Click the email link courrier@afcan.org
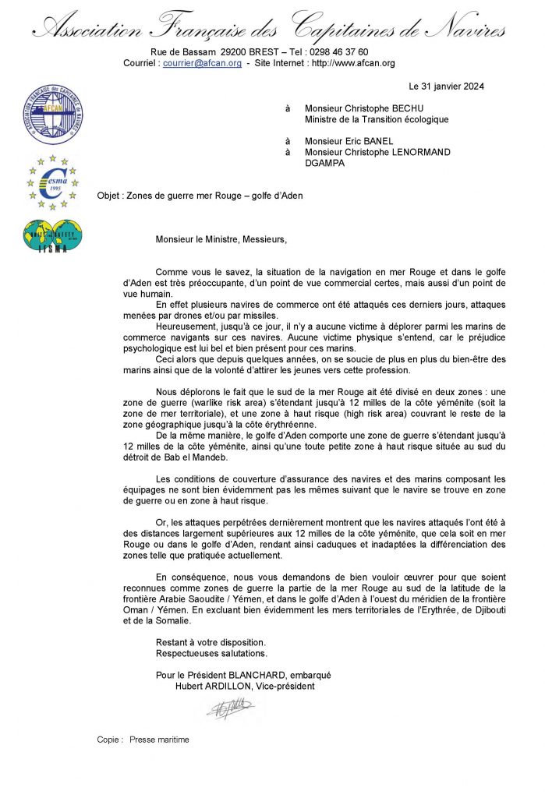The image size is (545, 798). [202, 63]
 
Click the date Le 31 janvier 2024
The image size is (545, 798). [446, 87]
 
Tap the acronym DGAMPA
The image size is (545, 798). [326, 163]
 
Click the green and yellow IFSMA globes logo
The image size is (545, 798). [52, 235]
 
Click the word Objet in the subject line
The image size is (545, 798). [110, 196]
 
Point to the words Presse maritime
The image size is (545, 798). [159, 740]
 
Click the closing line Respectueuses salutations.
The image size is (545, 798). [211, 653]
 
